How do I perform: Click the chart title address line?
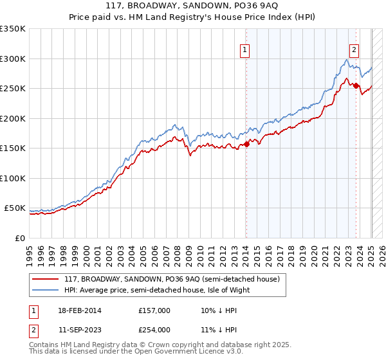(192, 6)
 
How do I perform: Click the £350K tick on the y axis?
(13, 29)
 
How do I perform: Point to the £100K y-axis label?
(13, 178)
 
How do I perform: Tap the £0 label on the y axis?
(19, 238)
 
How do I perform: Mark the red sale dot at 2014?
(246, 145)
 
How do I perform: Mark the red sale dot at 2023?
(356, 87)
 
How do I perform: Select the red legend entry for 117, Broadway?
(172, 279)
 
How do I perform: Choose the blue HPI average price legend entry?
(156, 289)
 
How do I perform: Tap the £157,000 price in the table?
(154, 310)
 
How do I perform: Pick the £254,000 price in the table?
(154, 330)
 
